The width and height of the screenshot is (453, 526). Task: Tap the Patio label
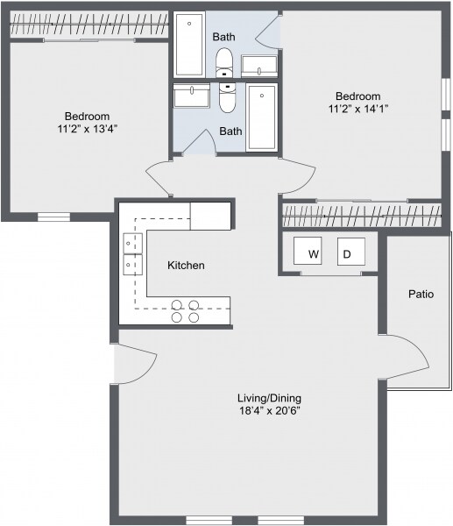(x=421, y=295)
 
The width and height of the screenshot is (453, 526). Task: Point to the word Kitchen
(x=186, y=265)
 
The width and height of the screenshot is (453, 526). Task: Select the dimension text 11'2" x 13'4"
(x=87, y=129)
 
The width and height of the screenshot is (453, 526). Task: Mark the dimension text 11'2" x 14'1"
(x=357, y=110)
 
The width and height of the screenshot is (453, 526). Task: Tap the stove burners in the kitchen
(x=185, y=310)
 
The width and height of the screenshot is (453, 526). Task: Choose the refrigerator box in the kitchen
(x=210, y=216)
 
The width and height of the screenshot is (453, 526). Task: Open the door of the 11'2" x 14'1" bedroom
(x=297, y=176)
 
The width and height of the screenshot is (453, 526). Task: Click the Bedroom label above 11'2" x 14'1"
(x=357, y=96)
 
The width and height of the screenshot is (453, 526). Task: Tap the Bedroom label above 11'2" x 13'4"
(x=87, y=116)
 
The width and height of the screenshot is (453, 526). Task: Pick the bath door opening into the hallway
(x=198, y=145)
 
